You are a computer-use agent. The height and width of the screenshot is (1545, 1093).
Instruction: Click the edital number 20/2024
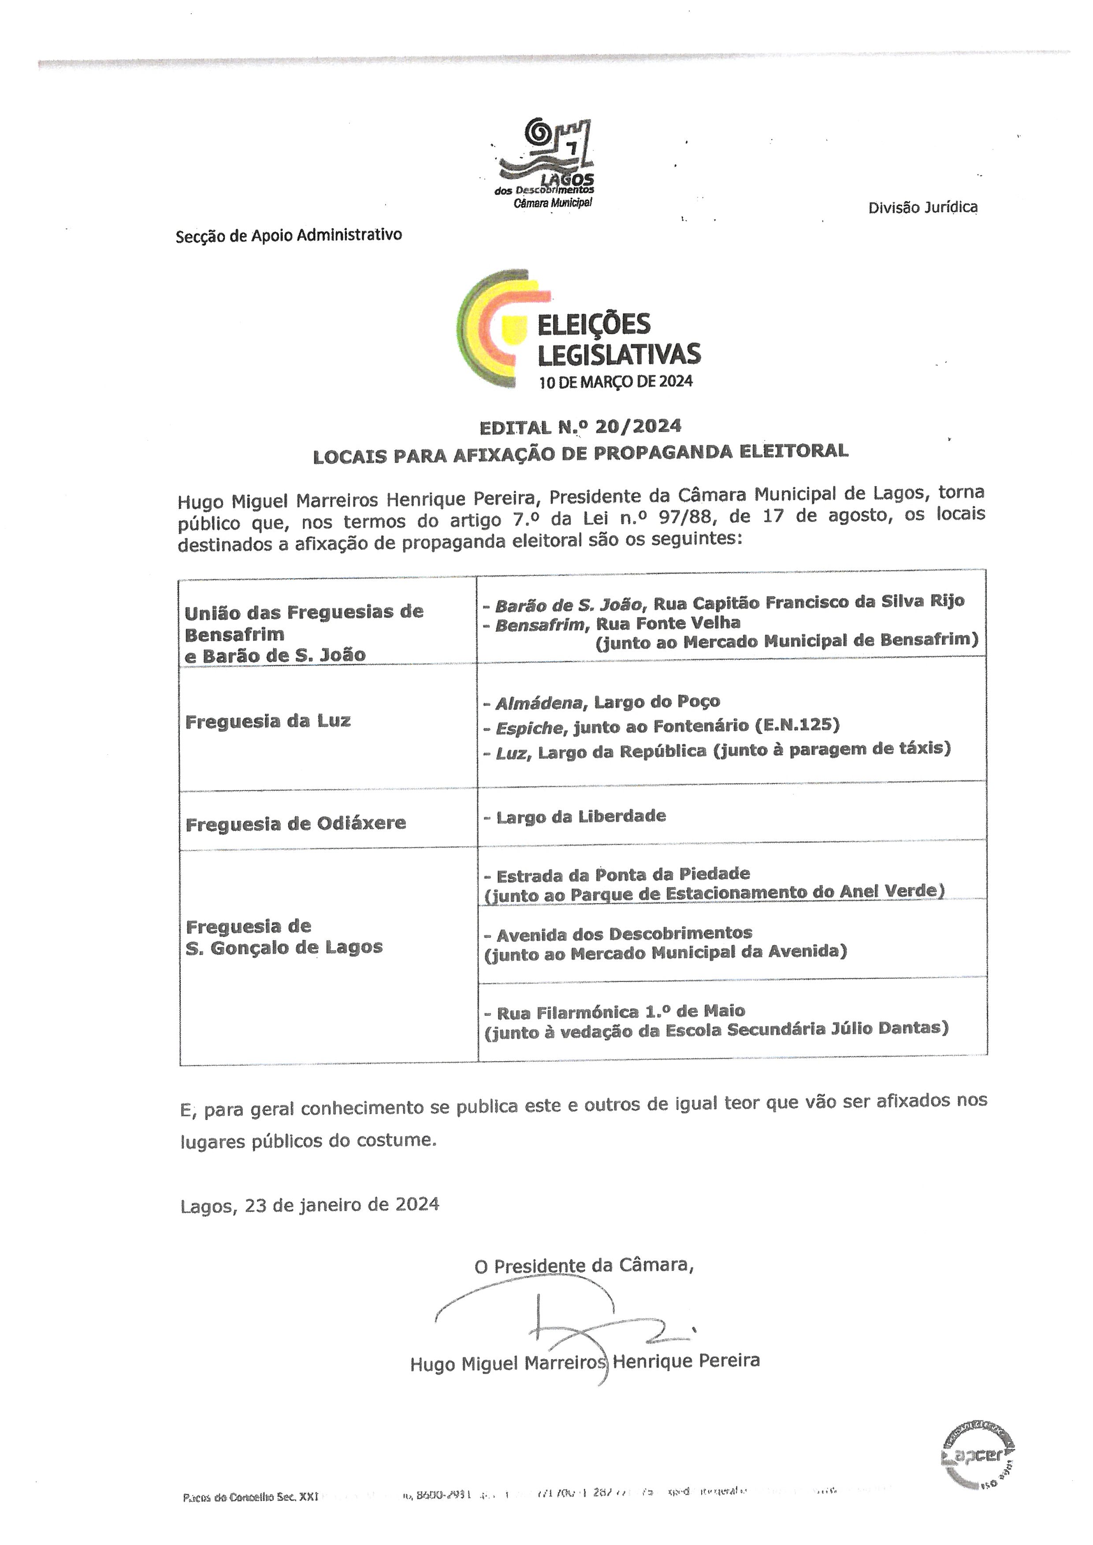click(x=638, y=426)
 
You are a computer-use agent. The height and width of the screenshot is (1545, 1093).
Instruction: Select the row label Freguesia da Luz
click(x=268, y=721)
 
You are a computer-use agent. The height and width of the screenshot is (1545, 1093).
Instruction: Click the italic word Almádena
click(x=539, y=703)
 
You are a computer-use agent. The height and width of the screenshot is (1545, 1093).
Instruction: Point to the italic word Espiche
click(x=529, y=727)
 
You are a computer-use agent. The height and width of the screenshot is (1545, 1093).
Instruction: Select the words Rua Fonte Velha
click(x=668, y=623)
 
